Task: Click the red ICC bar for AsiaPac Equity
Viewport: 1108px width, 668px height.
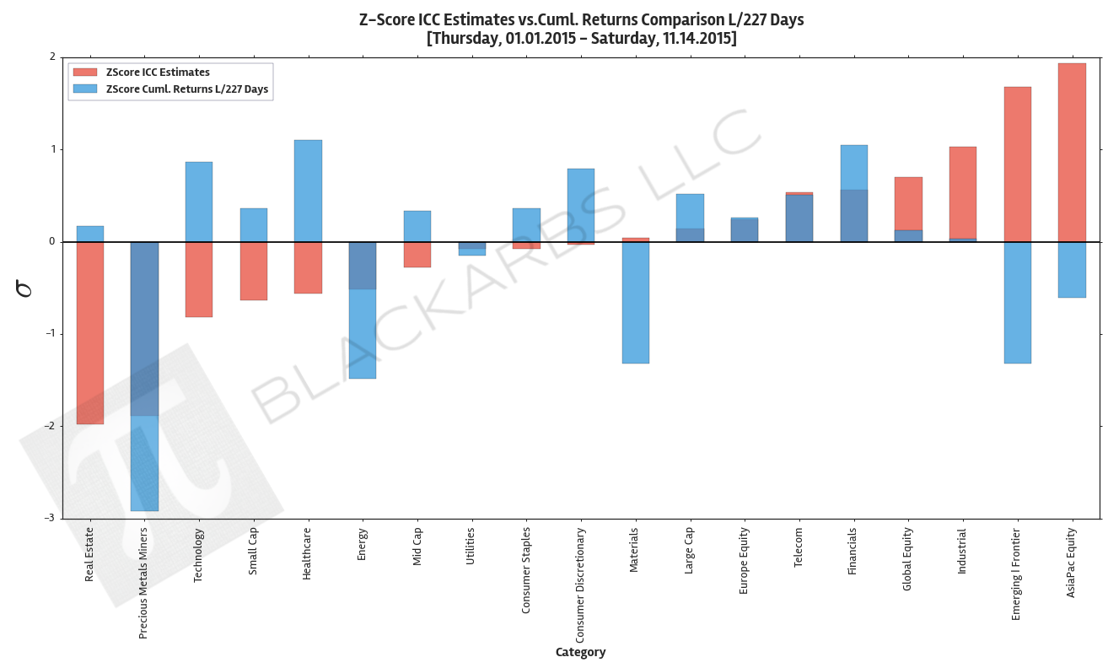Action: pyautogui.click(x=1072, y=152)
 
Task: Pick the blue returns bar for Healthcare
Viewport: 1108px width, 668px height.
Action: pyautogui.click(x=308, y=191)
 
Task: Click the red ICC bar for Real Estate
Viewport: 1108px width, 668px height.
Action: pyautogui.click(x=89, y=333)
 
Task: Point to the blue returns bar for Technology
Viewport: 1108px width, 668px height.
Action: pyautogui.click(x=198, y=202)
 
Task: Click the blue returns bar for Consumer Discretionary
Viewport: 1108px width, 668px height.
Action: pyautogui.click(x=580, y=205)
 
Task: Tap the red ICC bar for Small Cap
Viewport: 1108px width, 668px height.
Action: pyautogui.click(x=253, y=271)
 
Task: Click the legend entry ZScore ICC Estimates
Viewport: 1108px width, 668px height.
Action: pyautogui.click(x=158, y=73)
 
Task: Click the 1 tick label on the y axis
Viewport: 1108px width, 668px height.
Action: pyautogui.click(x=52, y=149)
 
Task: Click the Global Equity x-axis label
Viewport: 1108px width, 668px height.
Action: pyautogui.click(x=907, y=559)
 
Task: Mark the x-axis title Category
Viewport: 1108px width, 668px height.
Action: pyautogui.click(x=580, y=652)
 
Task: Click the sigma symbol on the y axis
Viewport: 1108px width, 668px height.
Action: pyautogui.click(x=25, y=288)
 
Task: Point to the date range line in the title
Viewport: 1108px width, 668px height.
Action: pyautogui.click(x=581, y=39)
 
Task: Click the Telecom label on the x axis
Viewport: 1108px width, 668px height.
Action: pyautogui.click(x=799, y=548)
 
